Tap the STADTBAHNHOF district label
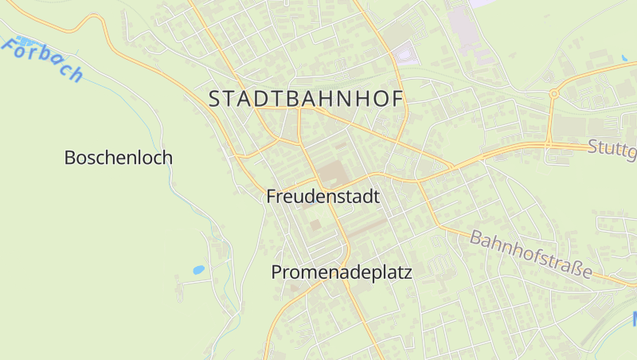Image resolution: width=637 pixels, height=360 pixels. [307, 99]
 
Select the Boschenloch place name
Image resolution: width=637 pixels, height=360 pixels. [118, 158]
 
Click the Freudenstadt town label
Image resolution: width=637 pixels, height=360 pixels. [322, 196]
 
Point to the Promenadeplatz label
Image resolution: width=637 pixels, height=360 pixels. [341, 272]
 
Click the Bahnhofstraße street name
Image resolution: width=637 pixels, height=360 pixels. [531, 254]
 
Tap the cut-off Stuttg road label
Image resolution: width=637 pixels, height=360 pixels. [612, 149]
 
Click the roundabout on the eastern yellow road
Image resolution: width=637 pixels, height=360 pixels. [553, 94]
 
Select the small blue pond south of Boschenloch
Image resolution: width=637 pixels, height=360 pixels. [198, 270]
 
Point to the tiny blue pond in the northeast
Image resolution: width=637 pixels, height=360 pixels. [623, 58]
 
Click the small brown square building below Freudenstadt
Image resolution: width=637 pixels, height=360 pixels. [315, 225]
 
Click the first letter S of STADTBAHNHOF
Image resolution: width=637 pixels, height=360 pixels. [214, 99]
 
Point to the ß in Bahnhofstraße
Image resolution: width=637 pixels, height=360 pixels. [572, 267]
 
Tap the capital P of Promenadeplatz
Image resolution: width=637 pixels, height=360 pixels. [277, 272]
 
